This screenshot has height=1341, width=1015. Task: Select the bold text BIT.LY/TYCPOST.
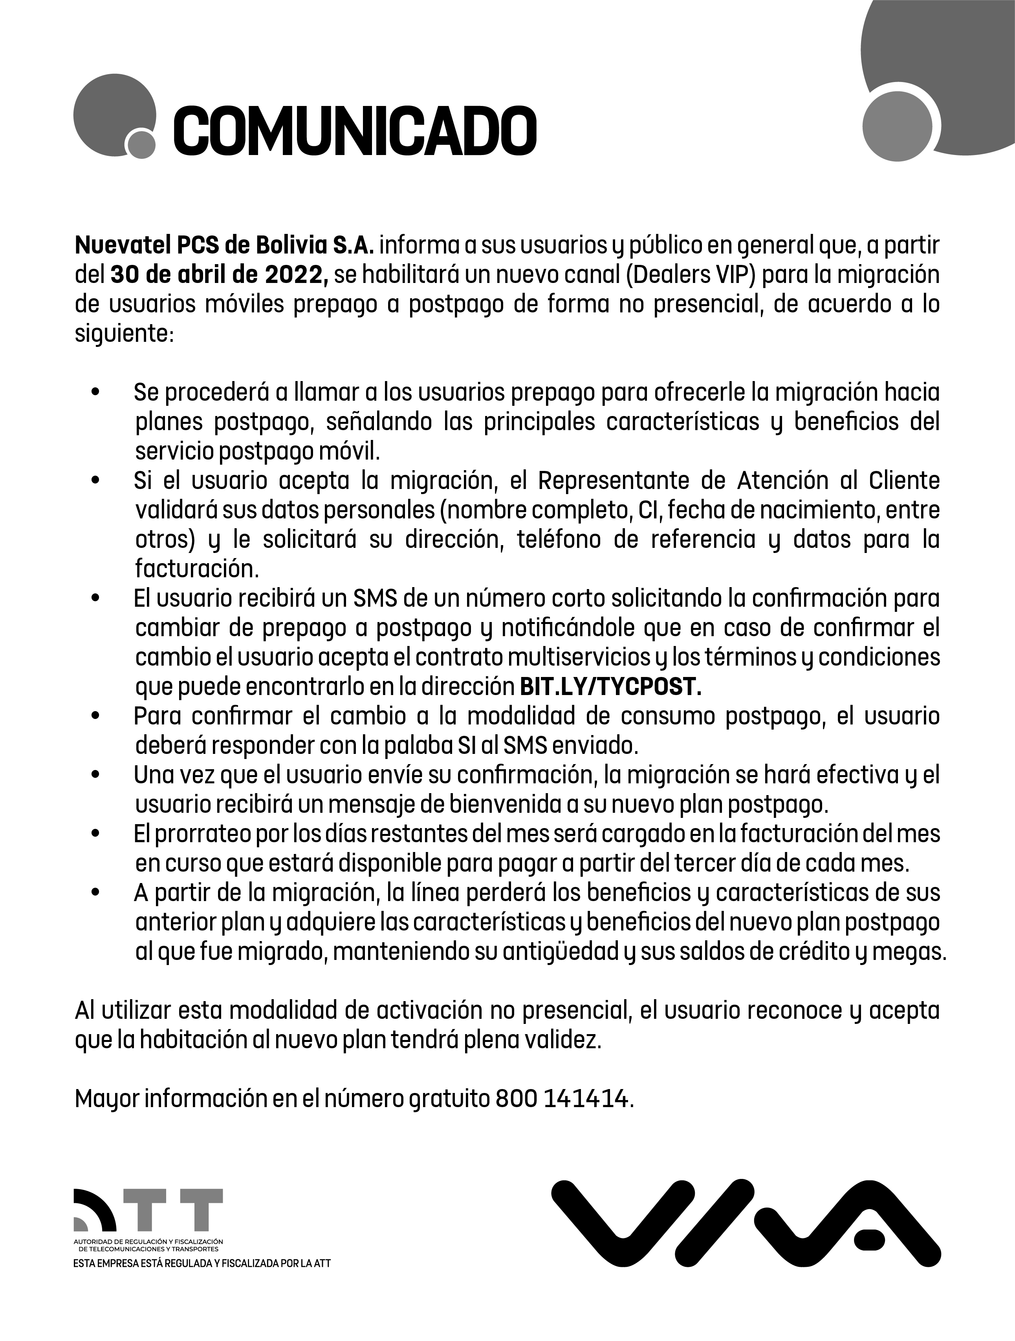tap(611, 687)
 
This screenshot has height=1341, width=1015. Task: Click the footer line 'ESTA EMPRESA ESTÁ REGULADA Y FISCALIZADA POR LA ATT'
tap(202, 1263)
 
